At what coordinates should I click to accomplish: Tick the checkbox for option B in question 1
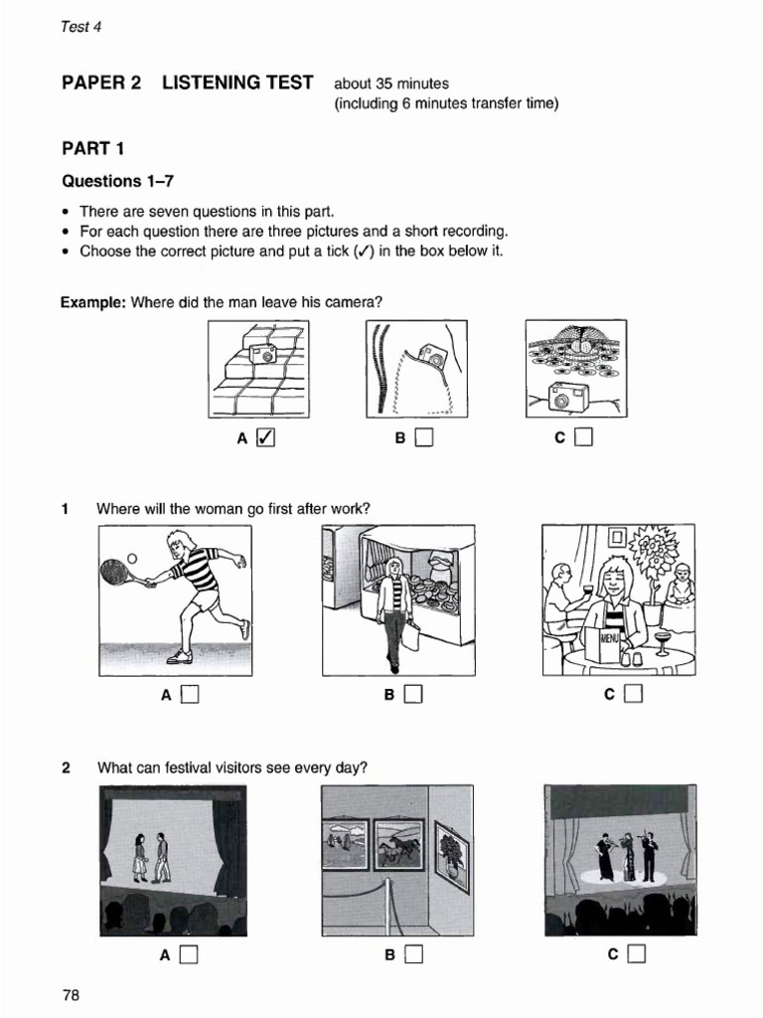(x=414, y=695)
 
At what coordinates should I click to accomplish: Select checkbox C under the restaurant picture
(x=634, y=695)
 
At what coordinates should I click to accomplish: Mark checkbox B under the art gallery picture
(x=414, y=955)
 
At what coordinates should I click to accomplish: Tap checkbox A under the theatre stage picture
(x=189, y=955)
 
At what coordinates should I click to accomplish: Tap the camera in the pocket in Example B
(x=431, y=354)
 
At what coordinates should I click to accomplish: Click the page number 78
(x=71, y=995)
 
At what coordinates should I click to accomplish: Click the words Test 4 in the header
(x=81, y=27)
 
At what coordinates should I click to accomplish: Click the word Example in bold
(x=92, y=301)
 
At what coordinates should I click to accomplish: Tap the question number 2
(x=66, y=767)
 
